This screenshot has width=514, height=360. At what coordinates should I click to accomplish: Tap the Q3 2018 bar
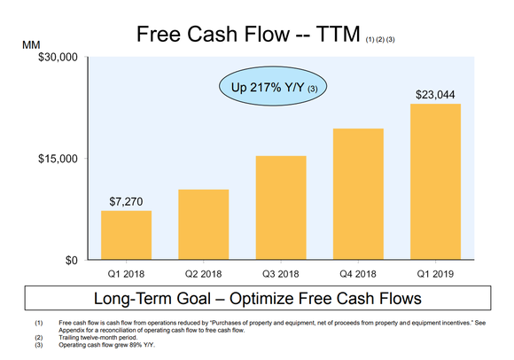281,207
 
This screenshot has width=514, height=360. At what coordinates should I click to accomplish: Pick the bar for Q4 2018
358,194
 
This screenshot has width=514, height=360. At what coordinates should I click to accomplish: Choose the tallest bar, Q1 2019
435,182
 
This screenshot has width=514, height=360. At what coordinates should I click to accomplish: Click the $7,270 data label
126,201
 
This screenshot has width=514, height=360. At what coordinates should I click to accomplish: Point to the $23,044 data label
435,94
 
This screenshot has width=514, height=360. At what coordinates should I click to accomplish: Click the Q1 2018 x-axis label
126,274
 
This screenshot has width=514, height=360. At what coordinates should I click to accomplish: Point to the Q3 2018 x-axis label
281,274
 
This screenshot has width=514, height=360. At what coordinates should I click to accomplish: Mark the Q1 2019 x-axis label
435,274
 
